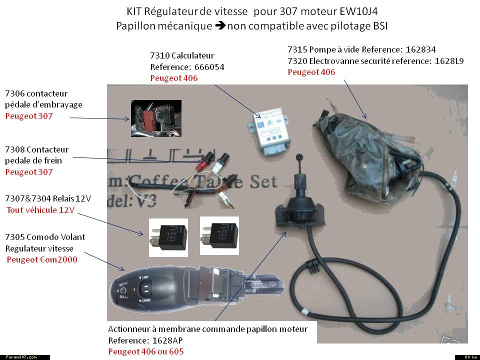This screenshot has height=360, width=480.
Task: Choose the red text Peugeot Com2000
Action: click(x=42, y=259)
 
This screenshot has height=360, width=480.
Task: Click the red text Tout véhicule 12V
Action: click(x=40, y=210)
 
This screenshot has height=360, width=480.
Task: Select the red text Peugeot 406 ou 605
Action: click(x=146, y=351)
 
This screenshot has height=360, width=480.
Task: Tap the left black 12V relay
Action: click(x=168, y=237)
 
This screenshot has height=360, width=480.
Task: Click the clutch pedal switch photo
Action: click(x=156, y=119)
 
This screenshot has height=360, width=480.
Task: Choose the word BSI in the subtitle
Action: click(x=379, y=25)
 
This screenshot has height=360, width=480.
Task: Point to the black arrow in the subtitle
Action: click(x=220, y=25)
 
